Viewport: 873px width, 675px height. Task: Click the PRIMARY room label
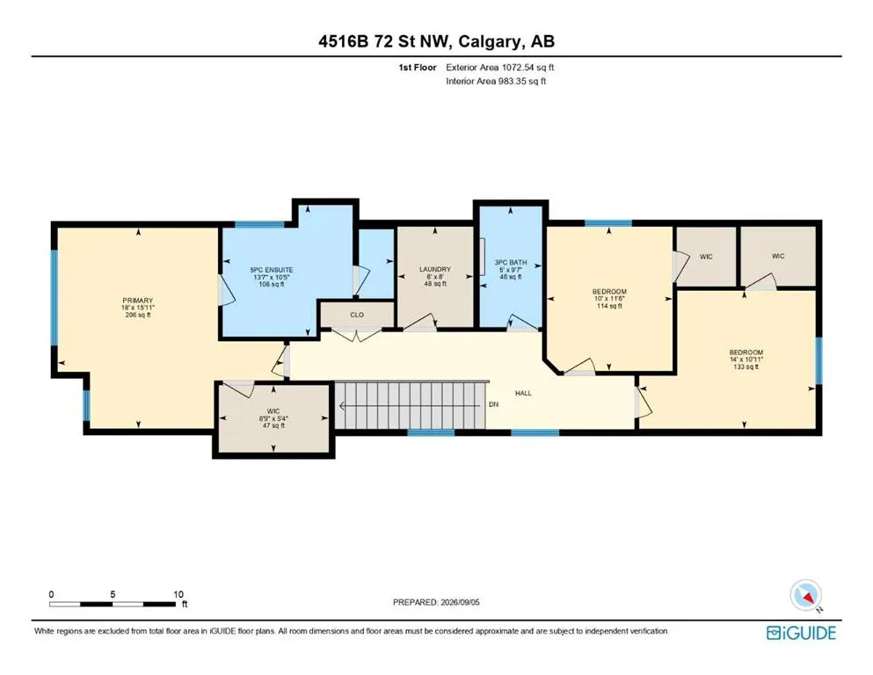click(x=137, y=301)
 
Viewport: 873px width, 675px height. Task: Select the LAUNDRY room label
click(x=435, y=269)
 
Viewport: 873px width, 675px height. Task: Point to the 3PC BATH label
click(x=511, y=262)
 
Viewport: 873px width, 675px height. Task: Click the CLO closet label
click(x=357, y=315)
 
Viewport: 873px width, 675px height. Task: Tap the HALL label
click(x=523, y=393)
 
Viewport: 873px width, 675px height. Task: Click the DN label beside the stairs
click(x=493, y=404)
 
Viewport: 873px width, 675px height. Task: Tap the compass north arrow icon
click(x=806, y=595)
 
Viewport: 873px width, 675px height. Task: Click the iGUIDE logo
click(x=801, y=633)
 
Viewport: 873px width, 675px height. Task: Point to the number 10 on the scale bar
click(x=178, y=594)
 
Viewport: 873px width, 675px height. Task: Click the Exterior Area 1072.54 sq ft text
click(x=500, y=68)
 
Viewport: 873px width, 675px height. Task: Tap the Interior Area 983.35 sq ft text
click(x=496, y=81)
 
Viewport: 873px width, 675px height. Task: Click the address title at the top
click(x=436, y=41)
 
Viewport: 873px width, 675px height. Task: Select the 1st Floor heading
click(x=418, y=68)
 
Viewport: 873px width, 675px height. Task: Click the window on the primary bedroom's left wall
click(x=54, y=298)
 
